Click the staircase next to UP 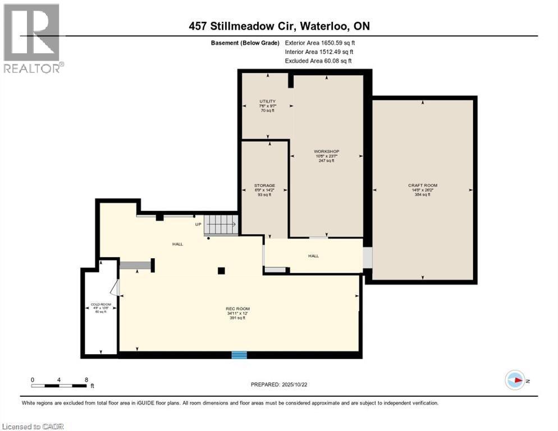tap(219, 225)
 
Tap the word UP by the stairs tap(198, 224)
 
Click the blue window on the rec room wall tap(239, 354)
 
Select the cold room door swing tap(114, 288)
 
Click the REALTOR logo tap(33, 38)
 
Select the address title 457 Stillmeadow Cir tap(279, 26)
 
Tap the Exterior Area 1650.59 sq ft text tap(320, 42)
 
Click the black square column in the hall tap(221, 270)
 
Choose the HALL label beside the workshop tap(313, 256)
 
